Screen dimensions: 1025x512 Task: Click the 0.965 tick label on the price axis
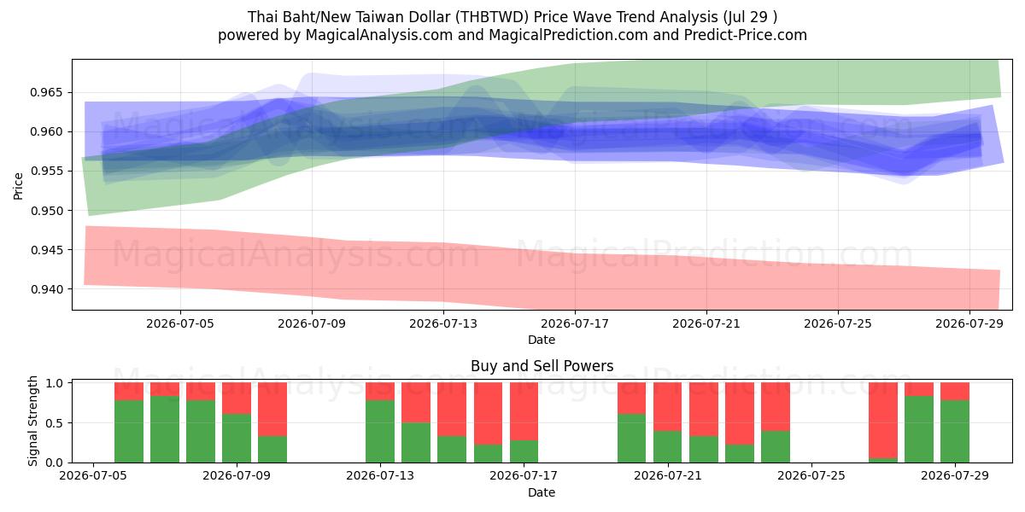(x=45, y=93)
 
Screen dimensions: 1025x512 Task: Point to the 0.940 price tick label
(x=45, y=289)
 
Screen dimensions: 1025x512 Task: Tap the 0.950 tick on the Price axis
(x=45, y=211)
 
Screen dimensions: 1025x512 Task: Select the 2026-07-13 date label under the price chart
(x=443, y=323)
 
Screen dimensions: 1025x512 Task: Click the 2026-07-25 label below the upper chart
(x=838, y=323)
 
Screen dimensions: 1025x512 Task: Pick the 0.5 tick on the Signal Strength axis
(x=55, y=423)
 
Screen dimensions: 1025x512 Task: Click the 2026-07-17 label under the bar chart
(x=524, y=476)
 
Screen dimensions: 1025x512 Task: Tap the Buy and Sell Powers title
(x=542, y=366)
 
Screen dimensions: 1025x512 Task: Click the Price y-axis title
(x=18, y=186)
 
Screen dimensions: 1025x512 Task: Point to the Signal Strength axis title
(x=32, y=421)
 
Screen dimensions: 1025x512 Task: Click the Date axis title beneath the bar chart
(x=542, y=492)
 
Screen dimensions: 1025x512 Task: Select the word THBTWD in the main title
(x=492, y=17)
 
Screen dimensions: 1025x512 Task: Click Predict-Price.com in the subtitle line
(x=746, y=35)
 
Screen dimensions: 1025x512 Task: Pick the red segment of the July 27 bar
(x=883, y=420)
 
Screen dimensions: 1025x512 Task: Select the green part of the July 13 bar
(x=380, y=431)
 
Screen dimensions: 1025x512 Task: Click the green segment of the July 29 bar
(x=955, y=431)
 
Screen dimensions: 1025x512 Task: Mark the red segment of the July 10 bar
(x=272, y=409)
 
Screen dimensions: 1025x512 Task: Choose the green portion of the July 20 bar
(x=631, y=438)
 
